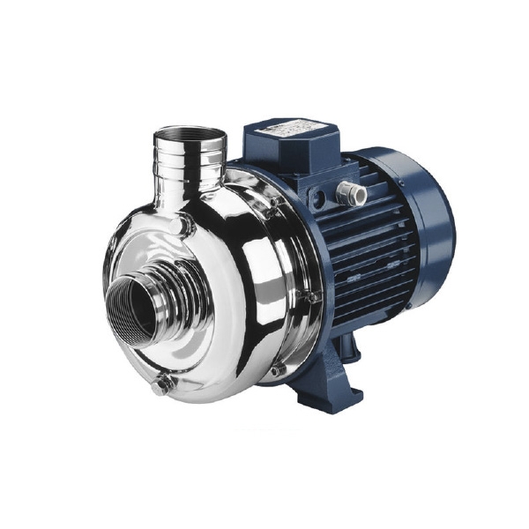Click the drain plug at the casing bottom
pyautogui.click(x=161, y=385)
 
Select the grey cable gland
pyautogui.click(x=354, y=193)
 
